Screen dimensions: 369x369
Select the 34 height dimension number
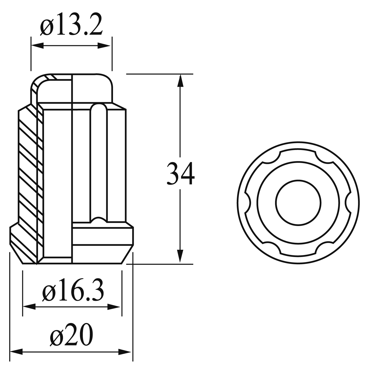pyautogui.click(x=180, y=173)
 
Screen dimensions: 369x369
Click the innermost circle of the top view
pyautogui.click(x=298, y=202)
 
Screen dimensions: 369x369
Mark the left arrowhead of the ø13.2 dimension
pyautogui.click(x=37, y=45)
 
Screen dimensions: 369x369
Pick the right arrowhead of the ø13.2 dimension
pyautogui.click(x=104, y=45)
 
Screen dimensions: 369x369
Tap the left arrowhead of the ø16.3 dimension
pyautogui.click(x=29, y=307)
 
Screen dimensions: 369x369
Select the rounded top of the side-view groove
pyautogui.click(x=98, y=107)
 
